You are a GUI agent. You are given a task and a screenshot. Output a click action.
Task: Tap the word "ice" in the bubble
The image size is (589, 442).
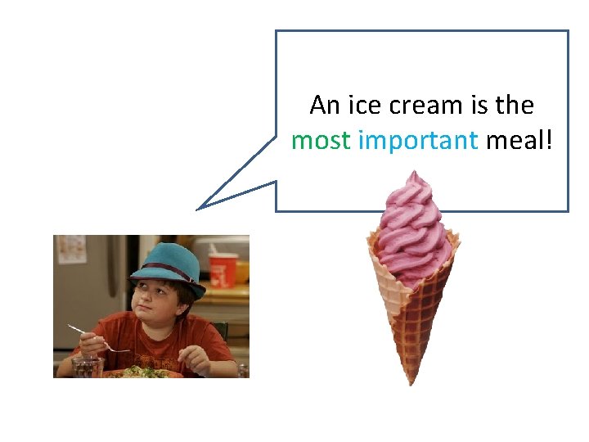tap(364, 106)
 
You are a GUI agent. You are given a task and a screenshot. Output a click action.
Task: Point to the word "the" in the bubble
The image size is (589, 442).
tap(515, 106)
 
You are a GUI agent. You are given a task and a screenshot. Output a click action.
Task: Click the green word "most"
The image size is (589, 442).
tap(321, 141)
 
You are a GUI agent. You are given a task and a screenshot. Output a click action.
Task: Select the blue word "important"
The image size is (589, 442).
tap(418, 141)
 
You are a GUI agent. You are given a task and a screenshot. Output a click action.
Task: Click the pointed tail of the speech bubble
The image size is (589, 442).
tap(200, 208)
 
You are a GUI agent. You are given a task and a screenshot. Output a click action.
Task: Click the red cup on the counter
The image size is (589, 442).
tap(223, 269)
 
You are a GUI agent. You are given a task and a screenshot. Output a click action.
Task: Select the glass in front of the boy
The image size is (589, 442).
tap(87, 367)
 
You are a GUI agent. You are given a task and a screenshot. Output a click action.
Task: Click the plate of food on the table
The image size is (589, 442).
tap(143, 372)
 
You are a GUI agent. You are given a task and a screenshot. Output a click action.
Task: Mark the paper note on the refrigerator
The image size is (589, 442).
tap(71, 249)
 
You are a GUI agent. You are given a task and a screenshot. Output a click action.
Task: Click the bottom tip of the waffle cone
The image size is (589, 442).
tap(411, 381)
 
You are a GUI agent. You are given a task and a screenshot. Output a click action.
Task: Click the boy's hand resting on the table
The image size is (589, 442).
tap(196, 357)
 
